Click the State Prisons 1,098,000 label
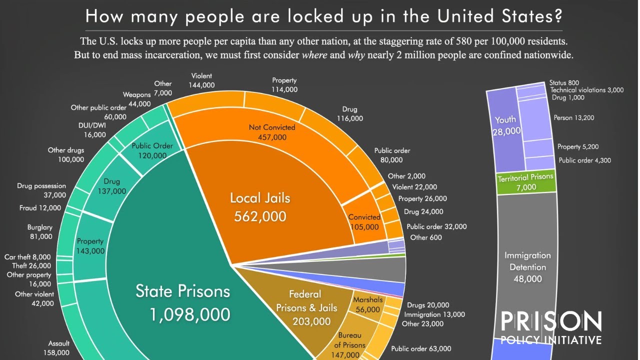pos(183,303)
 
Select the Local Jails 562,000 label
pos(260,206)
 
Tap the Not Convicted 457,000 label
pos(272,132)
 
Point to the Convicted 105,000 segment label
pos(364,221)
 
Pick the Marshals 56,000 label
pos(367,304)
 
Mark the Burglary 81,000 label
pos(40,231)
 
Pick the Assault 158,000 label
pos(58,348)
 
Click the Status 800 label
pos(564,82)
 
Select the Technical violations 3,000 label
pos(586,90)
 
